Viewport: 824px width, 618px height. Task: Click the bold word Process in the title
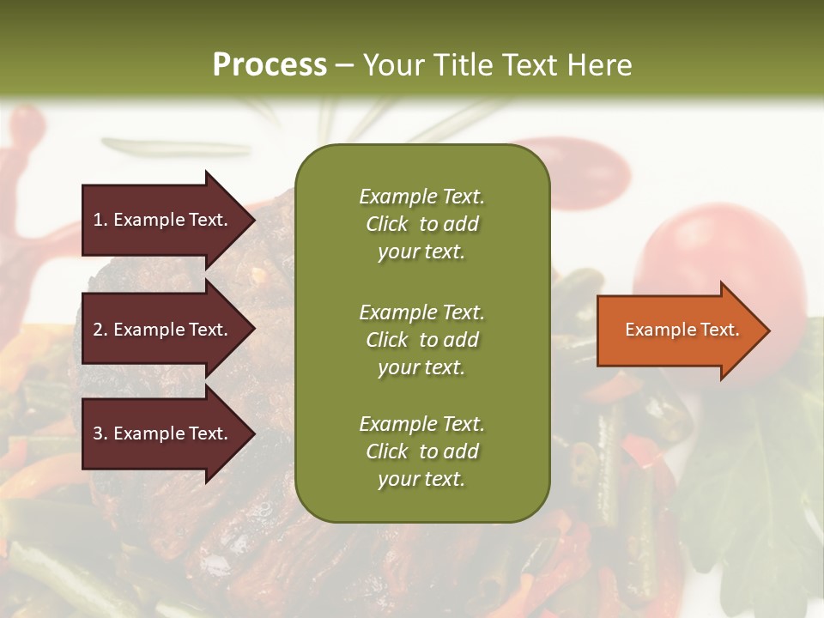270,64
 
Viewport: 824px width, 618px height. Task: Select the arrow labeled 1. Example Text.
163,220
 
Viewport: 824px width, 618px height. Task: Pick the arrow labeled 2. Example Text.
163,330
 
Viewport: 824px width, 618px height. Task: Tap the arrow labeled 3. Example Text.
163,433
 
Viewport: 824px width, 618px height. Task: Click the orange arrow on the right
678,330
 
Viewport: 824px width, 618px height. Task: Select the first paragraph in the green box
421,224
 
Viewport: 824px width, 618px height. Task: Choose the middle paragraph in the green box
421,340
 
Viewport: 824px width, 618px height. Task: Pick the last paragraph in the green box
421,451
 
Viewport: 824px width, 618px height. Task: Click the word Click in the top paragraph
387,224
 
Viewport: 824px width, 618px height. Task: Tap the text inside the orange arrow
682,330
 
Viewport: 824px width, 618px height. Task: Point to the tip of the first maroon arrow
253,220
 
